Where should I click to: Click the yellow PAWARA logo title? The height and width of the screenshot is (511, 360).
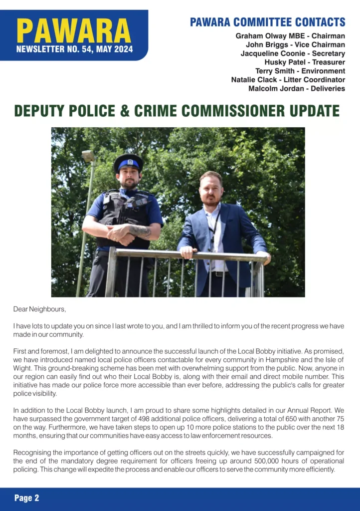pyautogui.click(x=74, y=31)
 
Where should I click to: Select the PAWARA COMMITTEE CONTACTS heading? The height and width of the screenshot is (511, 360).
pyautogui.click(x=267, y=22)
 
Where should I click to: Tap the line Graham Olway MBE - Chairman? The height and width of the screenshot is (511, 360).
pyautogui.click(x=290, y=36)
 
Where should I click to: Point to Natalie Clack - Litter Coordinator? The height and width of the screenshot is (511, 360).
pyautogui.click(x=288, y=80)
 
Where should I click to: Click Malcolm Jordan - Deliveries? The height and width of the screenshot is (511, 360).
pyautogui.click(x=296, y=88)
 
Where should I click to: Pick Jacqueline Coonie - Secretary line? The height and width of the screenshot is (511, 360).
pyautogui.click(x=293, y=54)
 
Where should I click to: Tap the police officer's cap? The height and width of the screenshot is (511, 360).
pyautogui.click(x=128, y=162)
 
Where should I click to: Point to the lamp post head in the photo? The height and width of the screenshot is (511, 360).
pyautogui.click(x=88, y=156)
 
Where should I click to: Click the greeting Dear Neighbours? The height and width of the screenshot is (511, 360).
pyautogui.click(x=39, y=309)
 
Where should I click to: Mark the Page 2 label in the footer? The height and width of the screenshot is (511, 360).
pyautogui.click(x=27, y=498)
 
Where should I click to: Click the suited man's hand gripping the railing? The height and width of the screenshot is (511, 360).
pyautogui.click(x=186, y=253)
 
